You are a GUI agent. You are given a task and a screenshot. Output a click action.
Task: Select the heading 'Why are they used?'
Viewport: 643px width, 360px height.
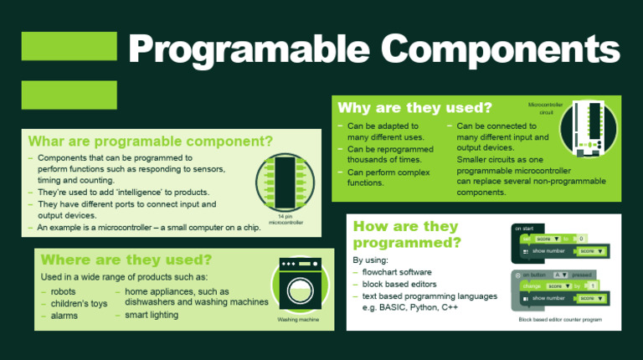pos(414,108)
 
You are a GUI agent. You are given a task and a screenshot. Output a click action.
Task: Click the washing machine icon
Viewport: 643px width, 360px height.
pos(299,285)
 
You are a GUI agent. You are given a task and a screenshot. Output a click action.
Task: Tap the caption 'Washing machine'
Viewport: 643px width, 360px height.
pos(299,319)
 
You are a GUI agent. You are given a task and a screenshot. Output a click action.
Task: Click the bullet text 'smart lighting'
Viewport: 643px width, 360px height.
pos(152,315)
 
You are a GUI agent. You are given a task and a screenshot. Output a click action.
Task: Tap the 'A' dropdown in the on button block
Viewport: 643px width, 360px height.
pos(562,275)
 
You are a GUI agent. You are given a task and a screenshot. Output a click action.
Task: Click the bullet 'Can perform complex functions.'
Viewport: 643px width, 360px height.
pos(383,177)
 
